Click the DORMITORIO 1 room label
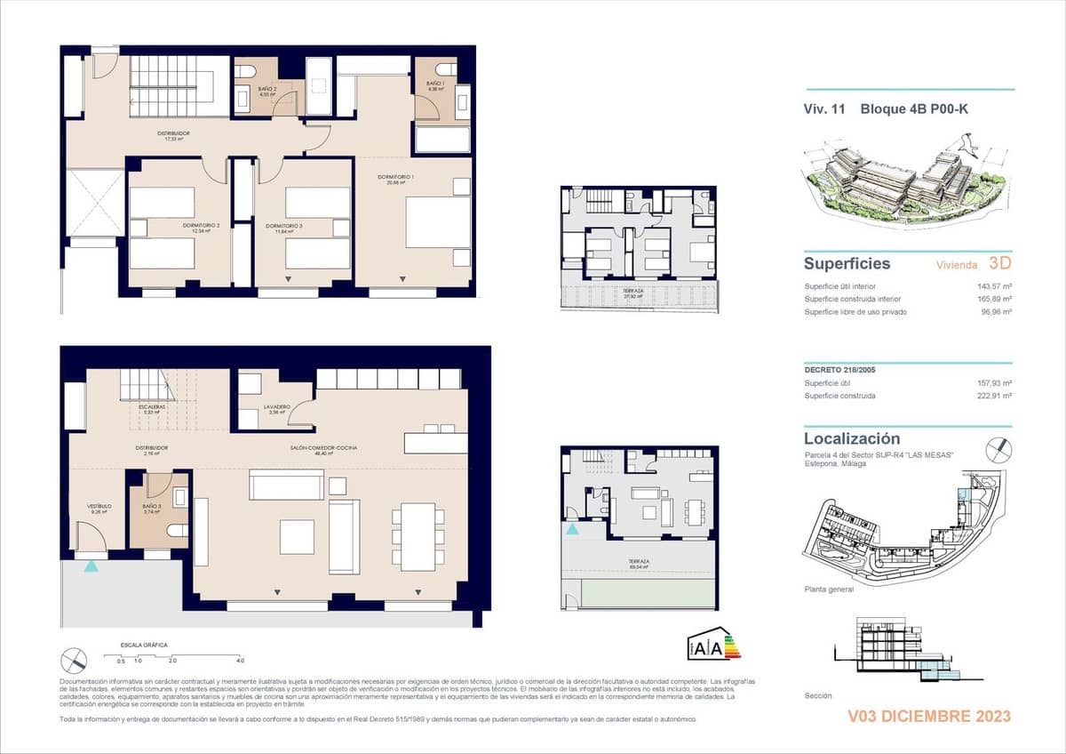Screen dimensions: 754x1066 point(396,178)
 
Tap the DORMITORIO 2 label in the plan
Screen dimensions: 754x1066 point(202,227)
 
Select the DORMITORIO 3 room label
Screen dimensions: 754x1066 point(284,227)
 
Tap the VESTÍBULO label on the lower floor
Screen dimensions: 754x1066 point(98,507)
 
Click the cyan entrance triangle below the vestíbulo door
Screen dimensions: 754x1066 point(91,565)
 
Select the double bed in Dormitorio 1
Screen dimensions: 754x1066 point(438,221)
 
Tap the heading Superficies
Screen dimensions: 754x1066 point(847,263)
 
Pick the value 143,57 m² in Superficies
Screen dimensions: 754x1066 point(995,286)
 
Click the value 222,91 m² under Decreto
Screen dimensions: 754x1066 point(995,396)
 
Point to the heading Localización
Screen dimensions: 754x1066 point(852,438)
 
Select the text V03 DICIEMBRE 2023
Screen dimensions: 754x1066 point(929,716)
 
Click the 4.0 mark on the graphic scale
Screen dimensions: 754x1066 point(240,661)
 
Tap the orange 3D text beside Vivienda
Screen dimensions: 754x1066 point(999,263)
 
